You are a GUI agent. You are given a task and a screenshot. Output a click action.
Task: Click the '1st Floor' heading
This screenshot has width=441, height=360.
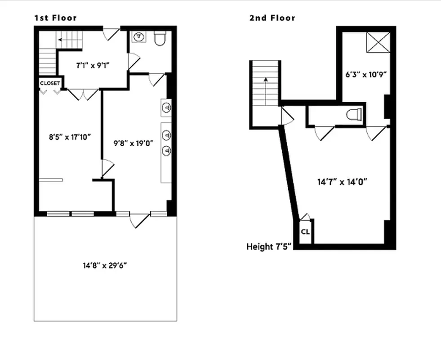coord(55,18)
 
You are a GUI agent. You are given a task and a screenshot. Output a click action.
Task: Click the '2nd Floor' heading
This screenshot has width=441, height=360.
coord(272,18)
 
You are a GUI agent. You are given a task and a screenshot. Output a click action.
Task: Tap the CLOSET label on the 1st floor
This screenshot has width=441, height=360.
coord(50,83)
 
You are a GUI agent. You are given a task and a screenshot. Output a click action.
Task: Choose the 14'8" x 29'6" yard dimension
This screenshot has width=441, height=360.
coord(105,265)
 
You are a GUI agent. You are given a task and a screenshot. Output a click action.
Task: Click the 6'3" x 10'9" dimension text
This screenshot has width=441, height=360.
coord(363,75)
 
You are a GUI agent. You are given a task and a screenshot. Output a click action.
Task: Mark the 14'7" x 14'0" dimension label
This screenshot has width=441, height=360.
coord(343,182)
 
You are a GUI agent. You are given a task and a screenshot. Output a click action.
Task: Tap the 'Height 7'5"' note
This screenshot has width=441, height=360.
coord(269,247)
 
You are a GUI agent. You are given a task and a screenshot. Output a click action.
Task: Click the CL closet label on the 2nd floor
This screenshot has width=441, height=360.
coord(305,232)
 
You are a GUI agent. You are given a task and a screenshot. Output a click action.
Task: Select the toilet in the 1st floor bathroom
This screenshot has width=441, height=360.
coord(160,38)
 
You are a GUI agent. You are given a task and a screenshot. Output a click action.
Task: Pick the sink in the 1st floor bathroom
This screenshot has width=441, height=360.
coord(139,36)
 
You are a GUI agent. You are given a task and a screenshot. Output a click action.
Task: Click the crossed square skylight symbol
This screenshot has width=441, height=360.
coord(379,43)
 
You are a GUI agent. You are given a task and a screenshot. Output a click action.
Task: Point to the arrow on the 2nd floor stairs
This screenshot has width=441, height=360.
coord(266,80)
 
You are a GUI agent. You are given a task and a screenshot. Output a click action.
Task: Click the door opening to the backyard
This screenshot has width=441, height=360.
coord(140,220)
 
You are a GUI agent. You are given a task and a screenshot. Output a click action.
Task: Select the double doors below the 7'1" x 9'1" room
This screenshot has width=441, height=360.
coord(83,94)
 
